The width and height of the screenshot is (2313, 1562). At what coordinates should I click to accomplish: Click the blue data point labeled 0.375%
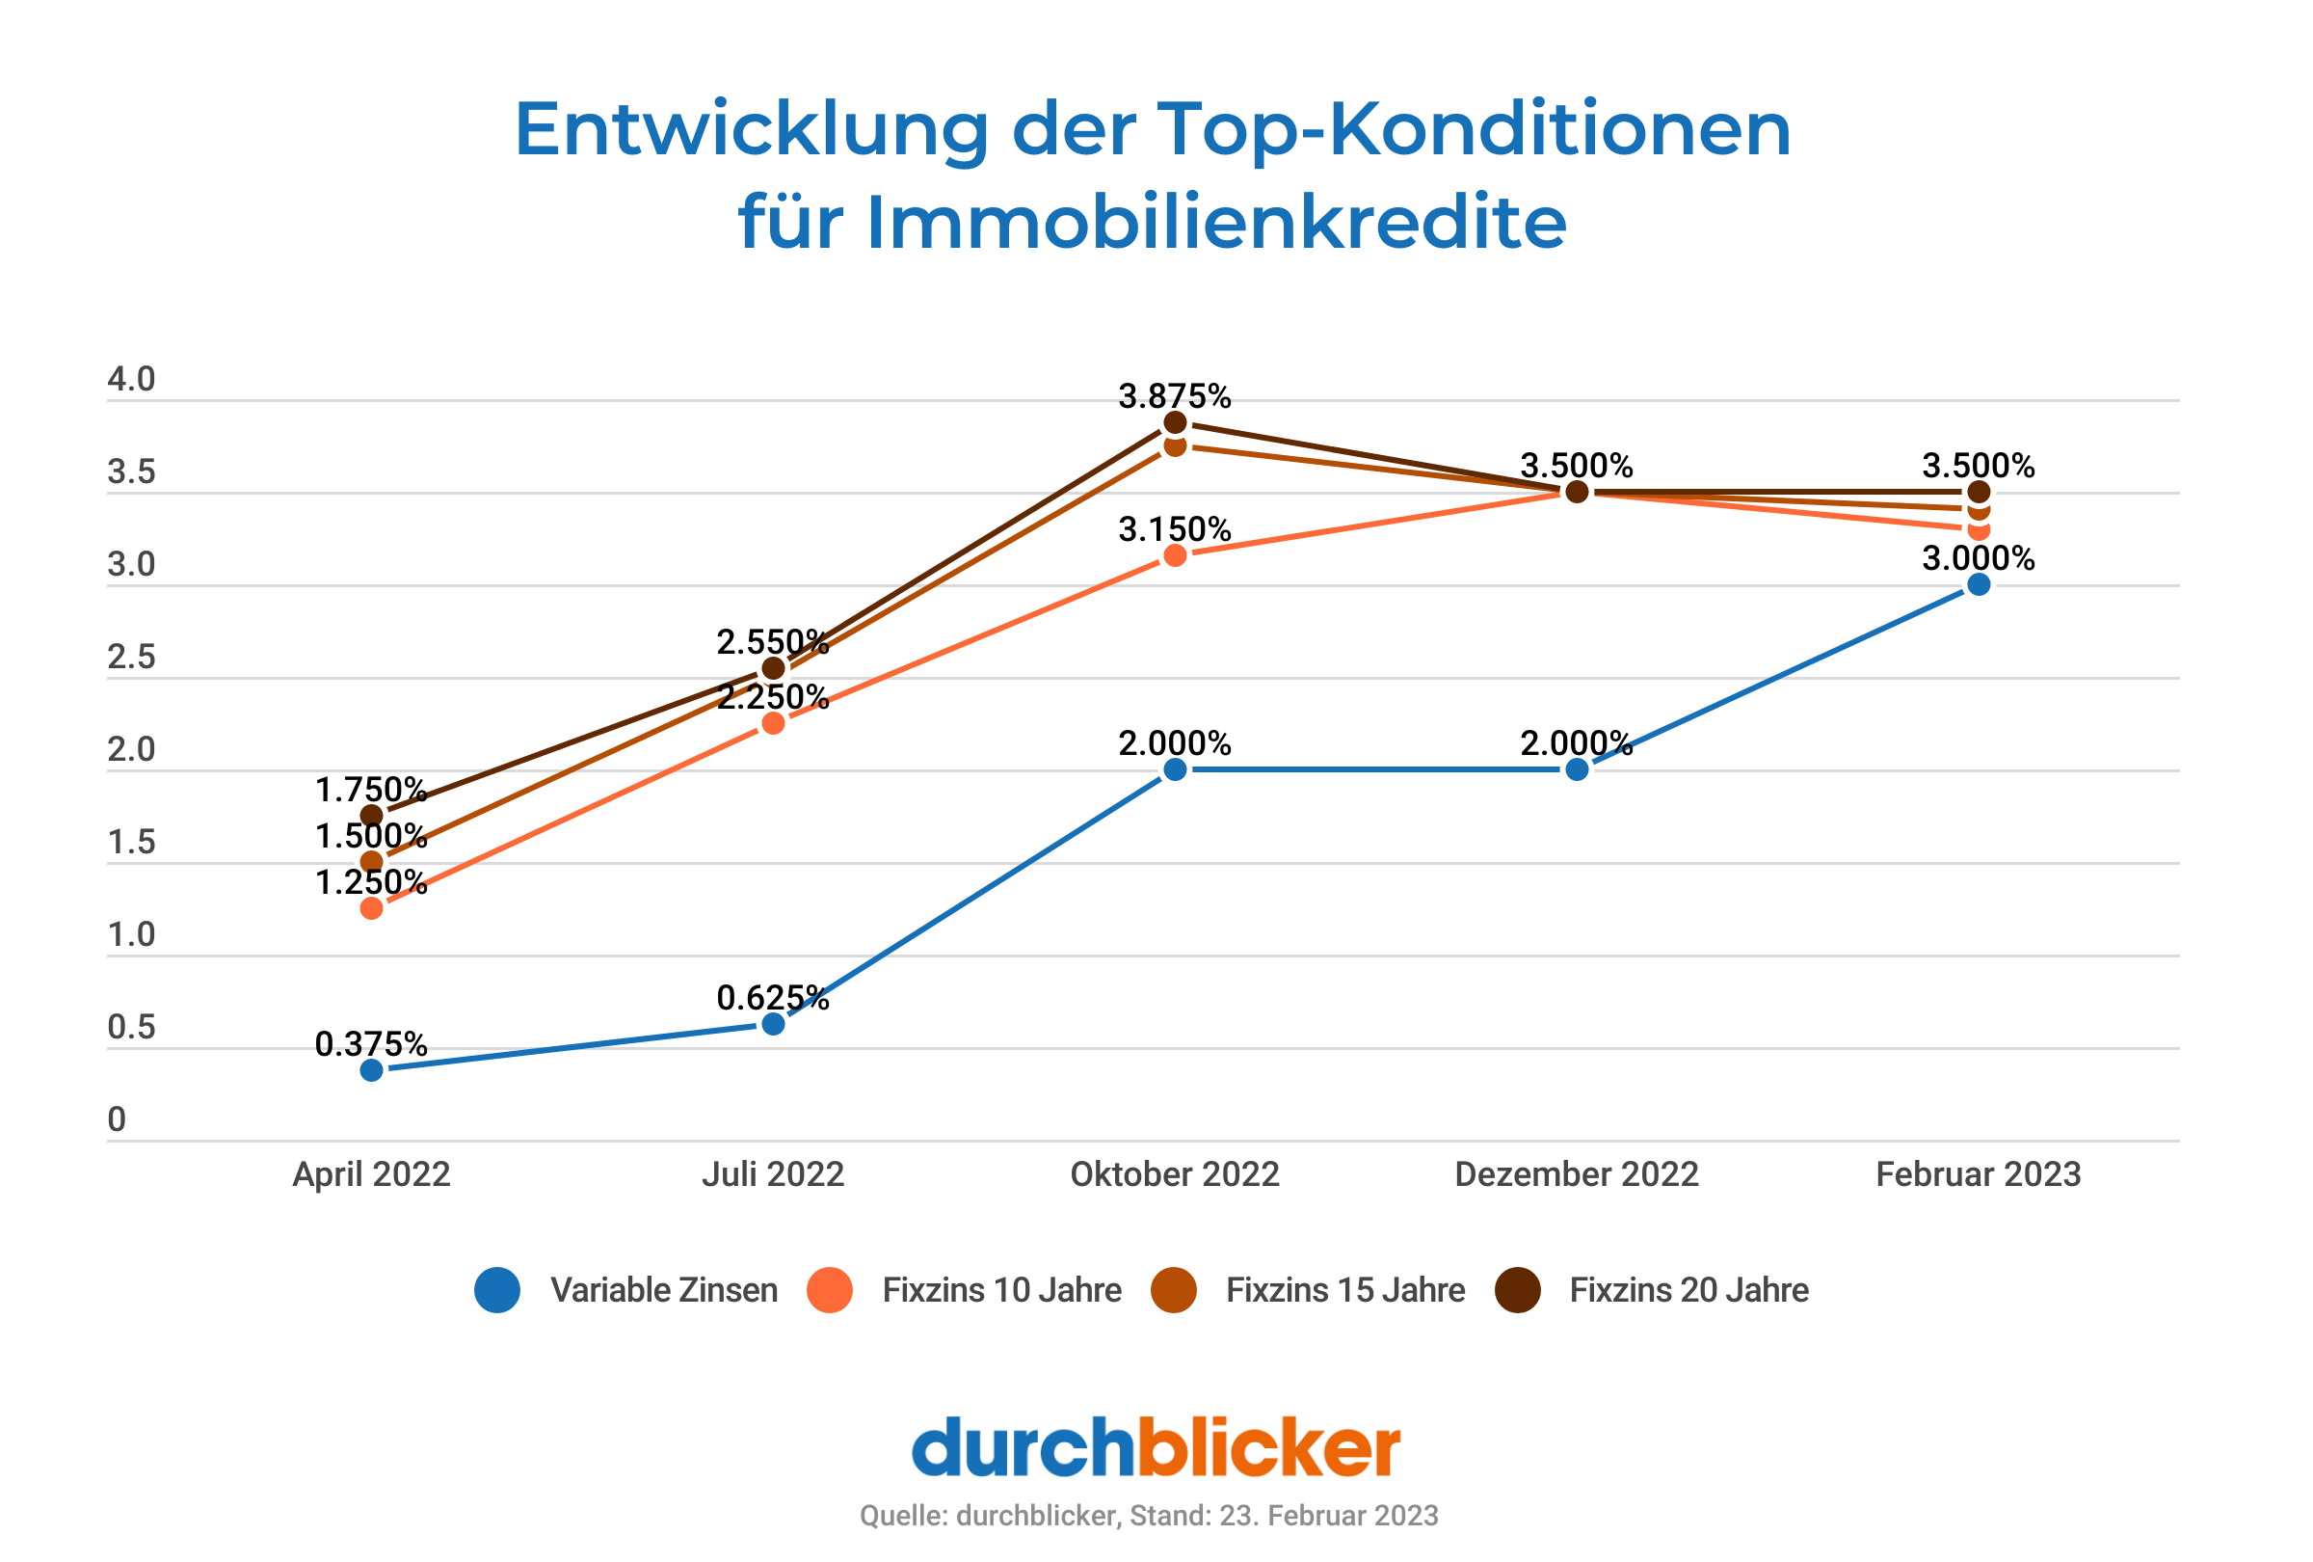[x=371, y=1070]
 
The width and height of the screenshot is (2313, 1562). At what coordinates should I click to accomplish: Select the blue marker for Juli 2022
[x=773, y=1023]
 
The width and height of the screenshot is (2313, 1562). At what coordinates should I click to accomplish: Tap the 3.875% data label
[x=1175, y=396]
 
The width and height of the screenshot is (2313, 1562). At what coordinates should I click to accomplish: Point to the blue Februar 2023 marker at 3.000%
[x=1979, y=584]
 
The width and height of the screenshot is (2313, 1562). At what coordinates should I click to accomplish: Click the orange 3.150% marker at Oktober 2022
[x=1176, y=555]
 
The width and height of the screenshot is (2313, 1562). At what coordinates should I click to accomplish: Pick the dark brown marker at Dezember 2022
[x=1577, y=492]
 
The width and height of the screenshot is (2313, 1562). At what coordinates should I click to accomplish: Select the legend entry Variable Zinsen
[x=663, y=1290]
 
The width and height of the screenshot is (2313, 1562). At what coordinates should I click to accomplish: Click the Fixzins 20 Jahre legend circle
[x=1518, y=1290]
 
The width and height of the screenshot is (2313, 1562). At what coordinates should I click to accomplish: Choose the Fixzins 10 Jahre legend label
[x=1001, y=1290]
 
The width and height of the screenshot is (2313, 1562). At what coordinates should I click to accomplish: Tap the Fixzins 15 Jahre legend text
[x=1345, y=1290]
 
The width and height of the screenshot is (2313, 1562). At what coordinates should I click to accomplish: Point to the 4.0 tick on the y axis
[x=131, y=379]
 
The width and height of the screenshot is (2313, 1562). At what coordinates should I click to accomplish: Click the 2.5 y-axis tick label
[x=131, y=657]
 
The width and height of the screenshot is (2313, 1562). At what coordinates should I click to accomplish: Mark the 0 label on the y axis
[x=118, y=1119]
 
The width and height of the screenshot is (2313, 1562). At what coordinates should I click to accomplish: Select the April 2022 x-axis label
[x=371, y=1174]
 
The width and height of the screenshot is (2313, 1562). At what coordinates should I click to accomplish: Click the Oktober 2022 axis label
[x=1175, y=1174]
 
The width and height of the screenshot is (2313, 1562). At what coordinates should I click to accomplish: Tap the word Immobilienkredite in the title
[x=1216, y=223]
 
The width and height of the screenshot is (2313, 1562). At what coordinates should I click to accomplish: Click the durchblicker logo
[x=1156, y=1447]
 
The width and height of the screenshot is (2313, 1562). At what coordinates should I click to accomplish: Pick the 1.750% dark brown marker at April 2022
[x=371, y=816]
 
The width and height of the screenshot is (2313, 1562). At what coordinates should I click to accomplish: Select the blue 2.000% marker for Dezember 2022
[x=1577, y=769]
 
